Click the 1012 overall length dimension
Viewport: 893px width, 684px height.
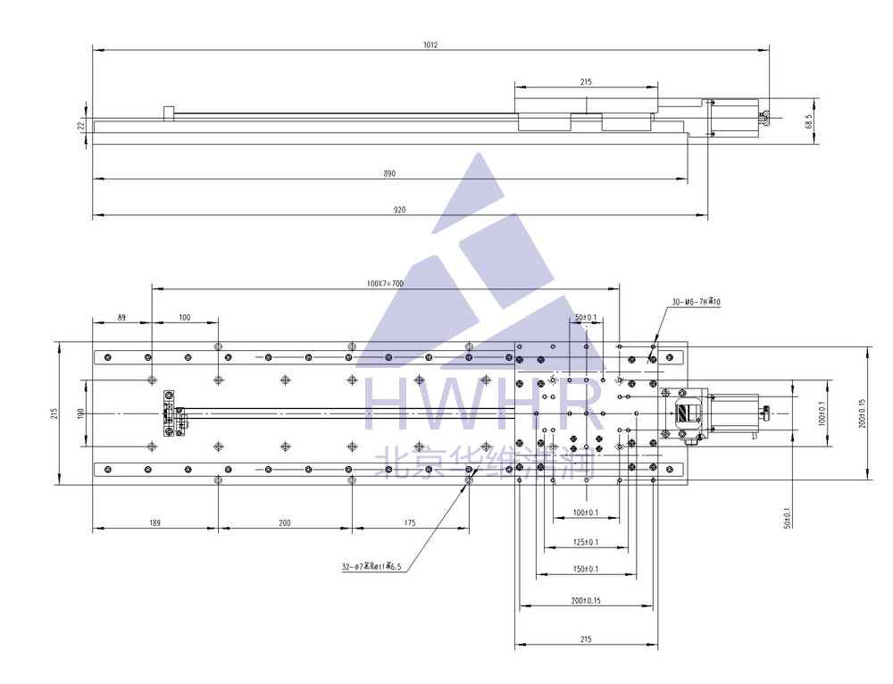[x=430, y=43]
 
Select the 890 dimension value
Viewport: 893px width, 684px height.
[x=389, y=173]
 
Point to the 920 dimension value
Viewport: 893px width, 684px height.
[x=399, y=210]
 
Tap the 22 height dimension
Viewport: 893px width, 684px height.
[x=80, y=126]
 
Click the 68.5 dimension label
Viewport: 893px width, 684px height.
[x=808, y=121]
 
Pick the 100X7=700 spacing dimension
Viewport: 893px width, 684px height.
[x=385, y=283]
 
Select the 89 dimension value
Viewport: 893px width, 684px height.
[x=121, y=316]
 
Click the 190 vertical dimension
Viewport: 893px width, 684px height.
[x=80, y=413]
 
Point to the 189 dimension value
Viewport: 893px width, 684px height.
[x=154, y=522]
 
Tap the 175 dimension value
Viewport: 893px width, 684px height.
[x=410, y=522]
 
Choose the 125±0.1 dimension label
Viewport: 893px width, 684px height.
[x=585, y=542]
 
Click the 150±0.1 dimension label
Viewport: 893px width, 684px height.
[x=585, y=569]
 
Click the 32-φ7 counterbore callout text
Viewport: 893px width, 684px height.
[x=371, y=566]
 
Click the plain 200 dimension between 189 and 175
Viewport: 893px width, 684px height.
[x=285, y=522]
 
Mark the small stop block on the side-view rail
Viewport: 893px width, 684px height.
[x=168, y=113]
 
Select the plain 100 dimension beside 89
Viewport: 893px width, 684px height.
[x=185, y=316]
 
